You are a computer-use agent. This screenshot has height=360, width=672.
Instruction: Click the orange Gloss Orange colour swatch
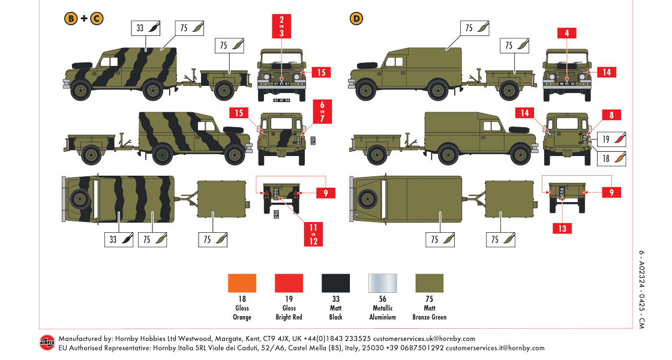tap(242, 283)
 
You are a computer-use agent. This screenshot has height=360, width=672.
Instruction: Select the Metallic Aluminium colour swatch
tap(382, 283)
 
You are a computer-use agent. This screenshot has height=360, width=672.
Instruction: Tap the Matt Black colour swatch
tap(335, 283)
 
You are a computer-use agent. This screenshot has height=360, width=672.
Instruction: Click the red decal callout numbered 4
tap(566, 34)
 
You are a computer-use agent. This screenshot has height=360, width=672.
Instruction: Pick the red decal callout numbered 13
tap(562, 228)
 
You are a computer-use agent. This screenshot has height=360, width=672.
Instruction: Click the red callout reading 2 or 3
tap(281, 26)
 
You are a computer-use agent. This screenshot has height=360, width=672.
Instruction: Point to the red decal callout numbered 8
tap(611, 115)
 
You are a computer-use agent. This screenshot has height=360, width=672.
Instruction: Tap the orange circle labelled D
tap(356, 19)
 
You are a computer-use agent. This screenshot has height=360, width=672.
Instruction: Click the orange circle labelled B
tap(71, 19)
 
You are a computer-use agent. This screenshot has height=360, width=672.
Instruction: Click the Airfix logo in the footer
tap(47, 343)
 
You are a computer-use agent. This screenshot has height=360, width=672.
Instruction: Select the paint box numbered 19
tap(613, 139)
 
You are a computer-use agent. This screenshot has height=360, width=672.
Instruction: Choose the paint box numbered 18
tap(613, 158)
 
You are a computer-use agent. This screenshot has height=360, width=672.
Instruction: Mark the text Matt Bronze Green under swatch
tap(429, 313)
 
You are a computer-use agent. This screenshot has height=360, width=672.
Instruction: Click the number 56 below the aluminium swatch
tap(382, 299)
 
